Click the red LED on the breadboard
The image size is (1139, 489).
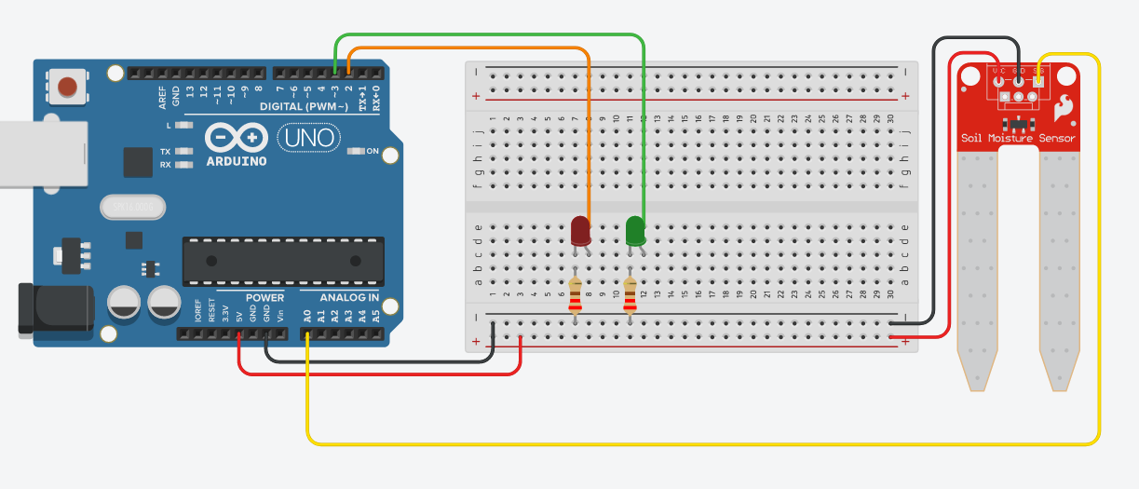coord(579,230)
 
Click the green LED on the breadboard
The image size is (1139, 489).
coord(636,230)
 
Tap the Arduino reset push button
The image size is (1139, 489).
coord(67,88)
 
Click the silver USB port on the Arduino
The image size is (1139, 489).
coord(42,155)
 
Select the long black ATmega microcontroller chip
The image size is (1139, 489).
coord(282,261)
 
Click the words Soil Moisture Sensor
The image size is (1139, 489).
coord(1018,139)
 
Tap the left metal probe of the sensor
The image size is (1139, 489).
coord(978,270)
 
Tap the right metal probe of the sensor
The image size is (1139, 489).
coord(1059,270)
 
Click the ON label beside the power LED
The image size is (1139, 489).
coord(373,151)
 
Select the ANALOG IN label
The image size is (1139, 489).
coord(350,298)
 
